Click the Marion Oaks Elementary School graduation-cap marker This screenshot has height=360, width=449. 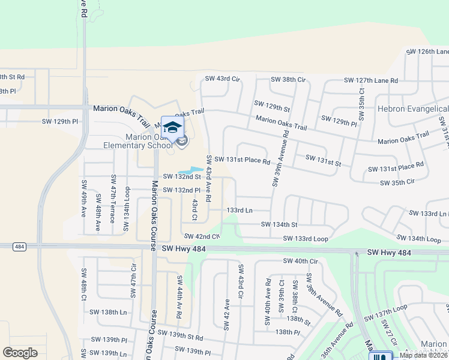(x=172, y=127)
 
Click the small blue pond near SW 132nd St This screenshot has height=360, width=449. (x=190, y=170)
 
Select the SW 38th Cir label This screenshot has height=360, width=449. (x=288, y=80)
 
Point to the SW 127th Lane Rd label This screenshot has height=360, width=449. (x=371, y=80)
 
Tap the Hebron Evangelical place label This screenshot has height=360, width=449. (x=413, y=109)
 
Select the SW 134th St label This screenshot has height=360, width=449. (x=279, y=224)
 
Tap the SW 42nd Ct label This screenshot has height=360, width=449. (x=197, y=237)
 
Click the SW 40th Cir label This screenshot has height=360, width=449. (x=300, y=261)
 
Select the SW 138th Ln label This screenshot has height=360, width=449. (x=108, y=313)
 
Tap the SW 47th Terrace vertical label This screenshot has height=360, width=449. (x=113, y=199)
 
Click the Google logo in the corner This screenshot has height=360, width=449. (x=20, y=353)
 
